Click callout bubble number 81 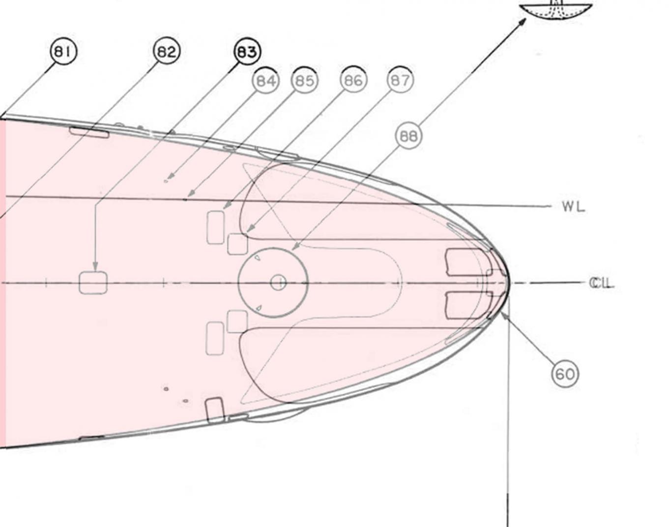tap(63, 52)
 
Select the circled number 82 tap(167, 52)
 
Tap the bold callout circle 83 tap(247, 52)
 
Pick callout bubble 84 tap(266, 81)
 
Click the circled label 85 tap(305, 81)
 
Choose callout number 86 tap(353, 81)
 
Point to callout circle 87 tap(401, 80)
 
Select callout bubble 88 tap(408, 136)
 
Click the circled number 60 tap(565, 374)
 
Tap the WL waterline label tap(574, 206)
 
